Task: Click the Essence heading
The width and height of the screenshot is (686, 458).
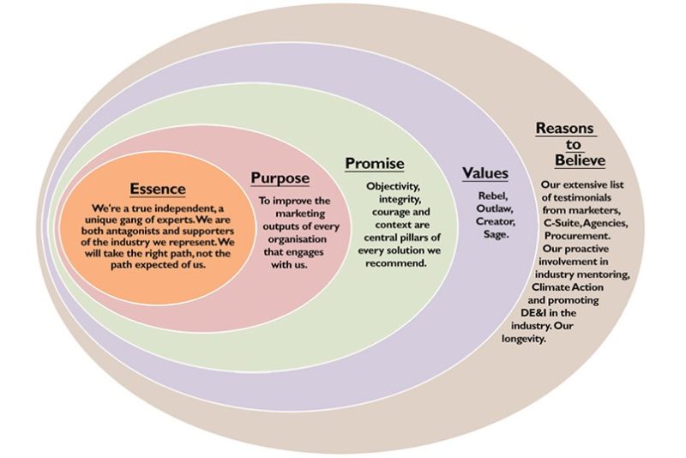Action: [158, 189]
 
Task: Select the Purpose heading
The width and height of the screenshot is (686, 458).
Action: [280, 178]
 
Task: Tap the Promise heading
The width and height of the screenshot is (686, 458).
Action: [375, 163]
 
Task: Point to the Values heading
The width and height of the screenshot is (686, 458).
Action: [485, 173]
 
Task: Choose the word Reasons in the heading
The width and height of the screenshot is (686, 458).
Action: [564, 129]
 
